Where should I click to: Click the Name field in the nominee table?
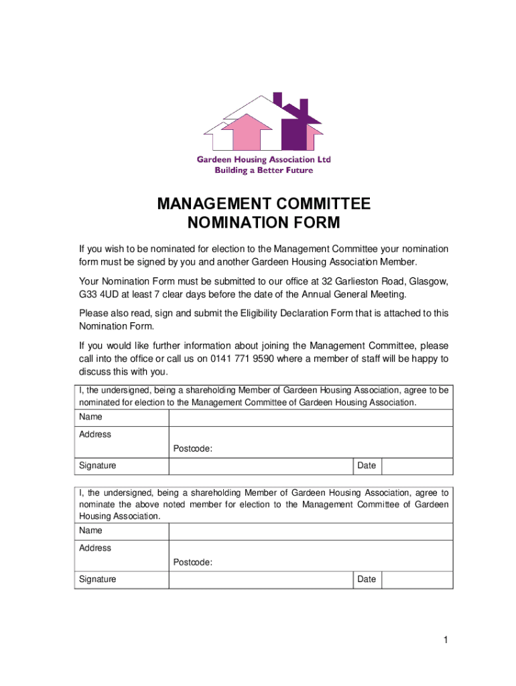[x=310, y=417]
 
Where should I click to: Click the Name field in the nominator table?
[x=310, y=531]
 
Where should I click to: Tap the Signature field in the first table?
[x=261, y=466]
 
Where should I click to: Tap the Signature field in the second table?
[x=261, y=580]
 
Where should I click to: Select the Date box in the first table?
[x=417, y=466]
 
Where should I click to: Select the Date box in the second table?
[x=417, y=580]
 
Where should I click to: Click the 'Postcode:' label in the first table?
[x=193, y=449]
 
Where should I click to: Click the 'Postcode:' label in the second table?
[x=193, y=563]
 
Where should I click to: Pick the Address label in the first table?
[x=95, y=434]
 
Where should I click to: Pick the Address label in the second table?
[x=95, y=548]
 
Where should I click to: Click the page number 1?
[x=444, y=641]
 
